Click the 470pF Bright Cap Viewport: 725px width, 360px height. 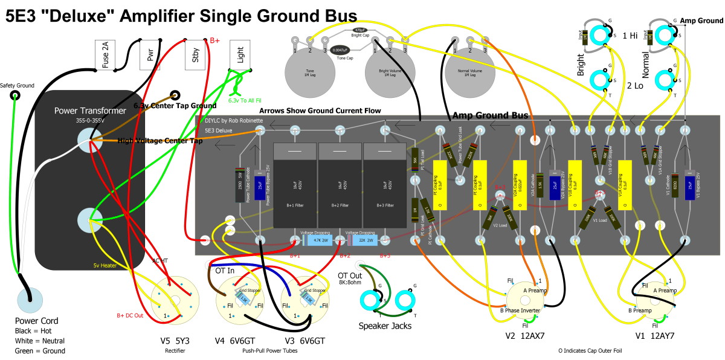point(359,29)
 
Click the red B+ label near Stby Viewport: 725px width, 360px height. point(216,40)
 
